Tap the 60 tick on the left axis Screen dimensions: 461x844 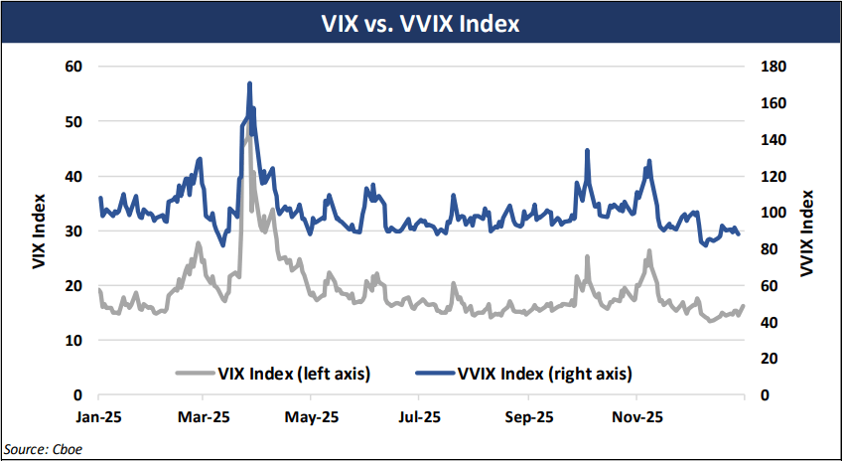point(74,67)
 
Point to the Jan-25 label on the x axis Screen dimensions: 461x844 point(100,414)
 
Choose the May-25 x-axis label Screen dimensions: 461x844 point(312,414)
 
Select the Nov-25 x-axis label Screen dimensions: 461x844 point(635,414)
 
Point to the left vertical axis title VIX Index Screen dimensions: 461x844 point(39,230)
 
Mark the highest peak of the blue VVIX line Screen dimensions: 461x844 point(249,83)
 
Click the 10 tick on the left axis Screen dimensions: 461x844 point(74,340)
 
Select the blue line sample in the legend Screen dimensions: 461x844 point(434,374)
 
